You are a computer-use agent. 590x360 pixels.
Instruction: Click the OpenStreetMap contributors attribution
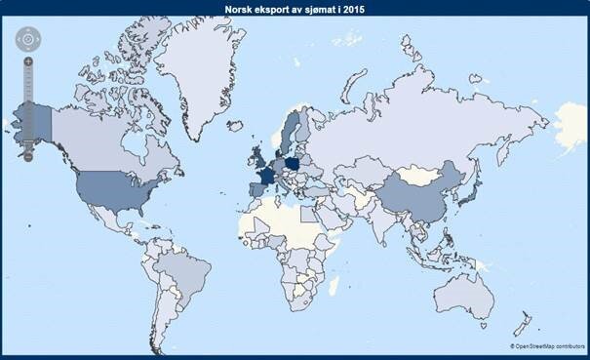pos(546,345)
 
